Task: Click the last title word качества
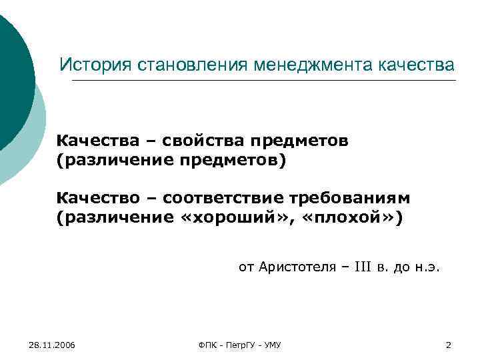416,65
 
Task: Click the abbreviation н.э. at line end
427,269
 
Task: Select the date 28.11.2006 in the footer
52,345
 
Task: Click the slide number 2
448,345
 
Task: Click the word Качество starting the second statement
99,199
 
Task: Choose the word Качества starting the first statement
99,141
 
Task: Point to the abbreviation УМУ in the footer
272,345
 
